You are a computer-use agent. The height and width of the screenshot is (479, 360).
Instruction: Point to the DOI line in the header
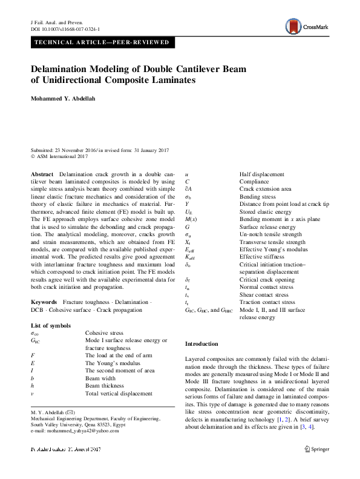tap(65, 28)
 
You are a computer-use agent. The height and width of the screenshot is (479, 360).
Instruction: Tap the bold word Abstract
tap(41, 174)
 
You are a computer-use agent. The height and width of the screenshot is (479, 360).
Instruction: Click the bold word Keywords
tap(44, 302)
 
